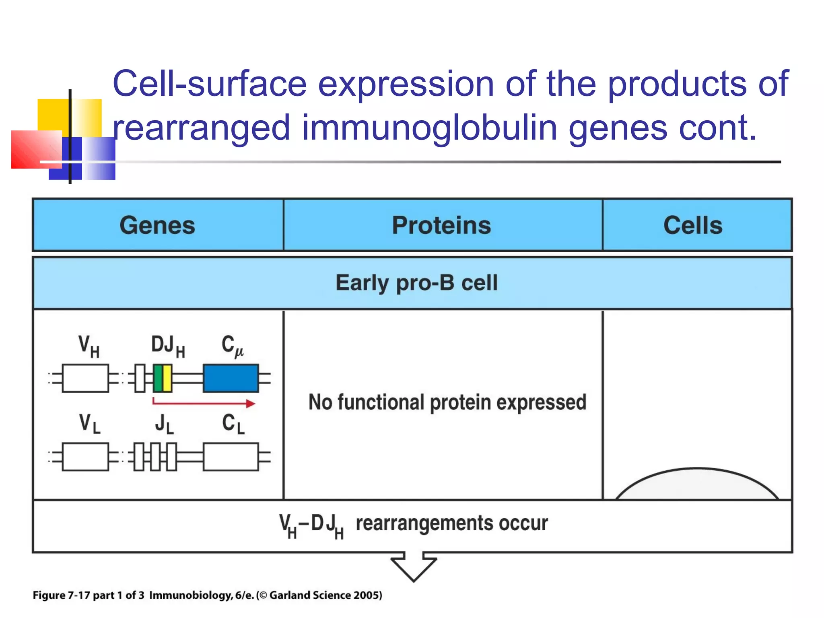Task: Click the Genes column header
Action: point(157,225)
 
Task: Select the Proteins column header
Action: point(441,225)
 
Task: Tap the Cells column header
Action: point(693,225)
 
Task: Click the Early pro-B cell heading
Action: point(416,283)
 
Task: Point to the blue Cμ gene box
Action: point(231,378)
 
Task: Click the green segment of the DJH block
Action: point(158,378)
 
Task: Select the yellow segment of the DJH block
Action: point(167,378)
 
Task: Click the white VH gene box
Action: point(85,378)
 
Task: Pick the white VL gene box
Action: point(85,457)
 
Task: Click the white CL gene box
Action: point(231,457)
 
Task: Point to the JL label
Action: point(164,424)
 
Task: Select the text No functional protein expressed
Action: point(447,402)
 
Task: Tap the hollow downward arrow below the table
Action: point(414,567)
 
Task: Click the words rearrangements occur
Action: point(451,523)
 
